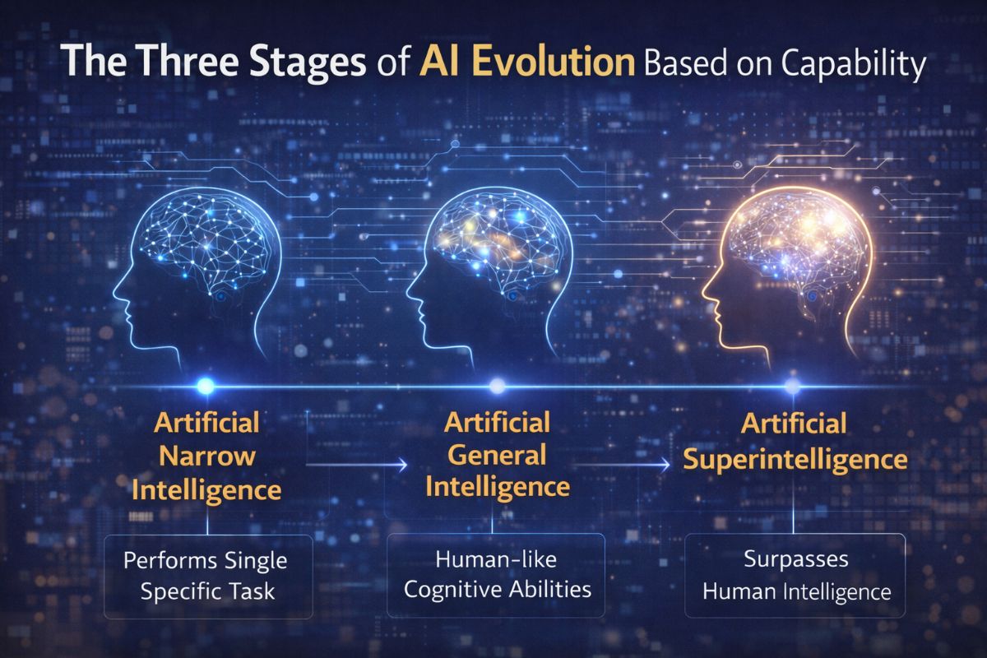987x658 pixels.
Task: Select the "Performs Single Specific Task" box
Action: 207,576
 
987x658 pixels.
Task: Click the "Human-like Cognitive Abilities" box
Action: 495,576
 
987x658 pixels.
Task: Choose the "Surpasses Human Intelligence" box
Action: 795,576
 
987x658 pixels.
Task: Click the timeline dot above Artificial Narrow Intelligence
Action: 206,385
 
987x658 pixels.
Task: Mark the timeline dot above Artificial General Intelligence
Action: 496,385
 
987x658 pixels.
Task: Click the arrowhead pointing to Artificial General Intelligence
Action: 403,465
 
